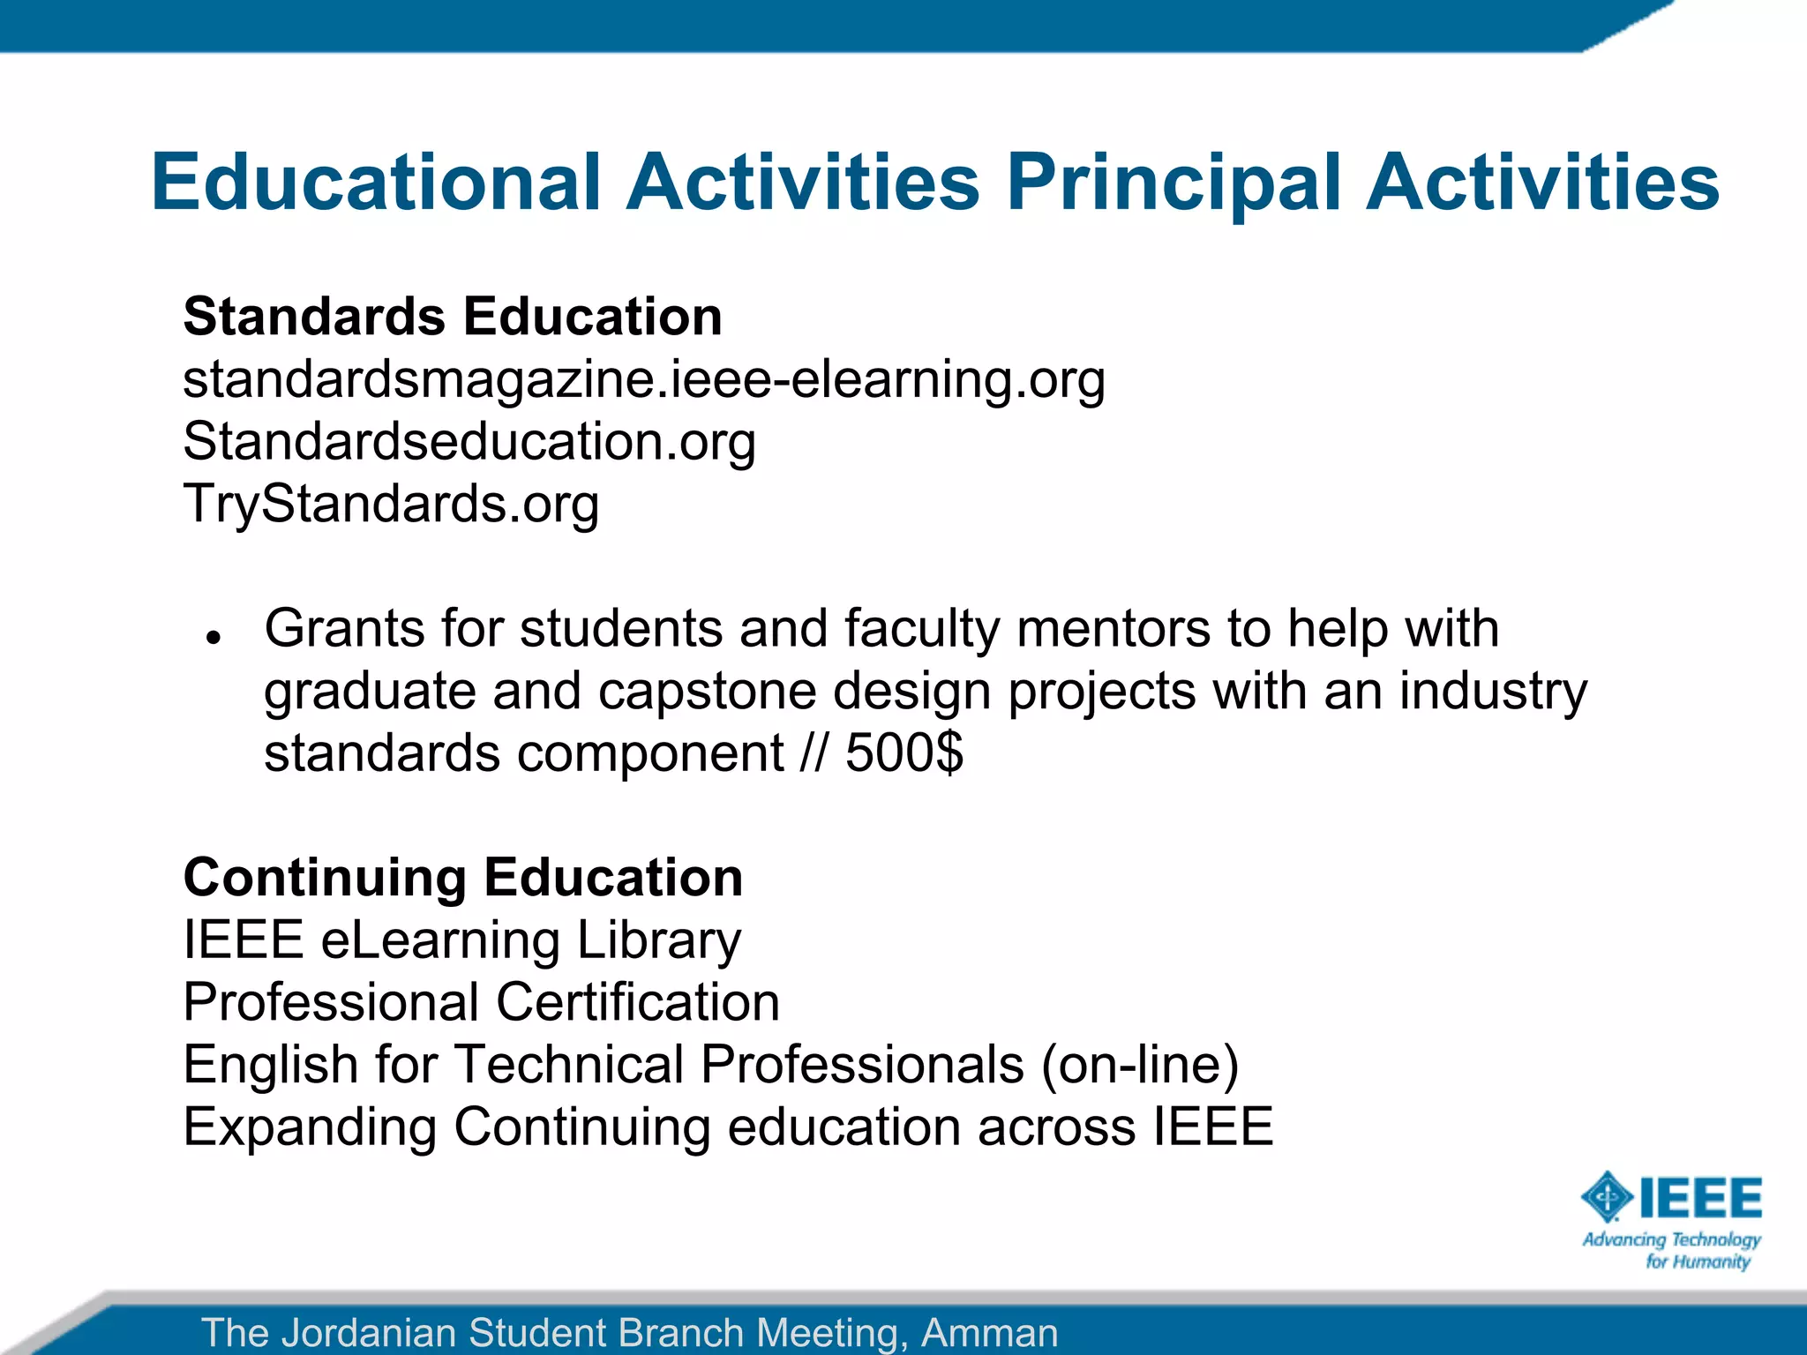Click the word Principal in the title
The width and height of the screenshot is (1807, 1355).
tap(1174, 183)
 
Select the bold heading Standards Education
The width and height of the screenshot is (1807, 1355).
tap(453, 317)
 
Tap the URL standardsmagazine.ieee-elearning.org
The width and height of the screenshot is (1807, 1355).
tap(643, 380)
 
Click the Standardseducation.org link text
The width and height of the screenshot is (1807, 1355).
tap(469, 442)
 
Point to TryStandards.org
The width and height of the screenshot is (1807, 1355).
tap(391, 505)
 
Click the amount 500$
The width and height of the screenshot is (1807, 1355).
tap(904, 753)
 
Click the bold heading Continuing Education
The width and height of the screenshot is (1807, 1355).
tap(463, 878)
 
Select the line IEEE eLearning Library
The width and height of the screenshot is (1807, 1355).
tap(462, 940)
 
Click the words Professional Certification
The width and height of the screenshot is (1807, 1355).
tap(482, 1003)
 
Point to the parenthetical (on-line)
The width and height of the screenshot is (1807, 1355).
tap(1140, 1065)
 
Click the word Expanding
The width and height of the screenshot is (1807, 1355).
tap(310, 1127)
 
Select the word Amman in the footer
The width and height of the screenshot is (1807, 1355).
tap(989, 1332)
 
